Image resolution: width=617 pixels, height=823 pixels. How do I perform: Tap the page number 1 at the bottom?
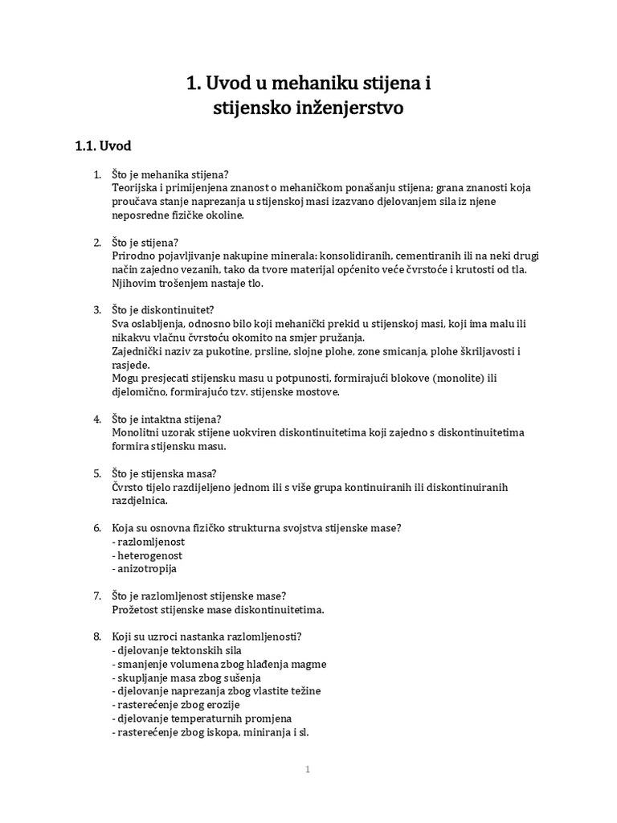click(x=308, y=769)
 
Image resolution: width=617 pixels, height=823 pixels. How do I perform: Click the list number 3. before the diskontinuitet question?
click(x=96, y=309)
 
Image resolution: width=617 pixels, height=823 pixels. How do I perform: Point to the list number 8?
click(x=96, y=637)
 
